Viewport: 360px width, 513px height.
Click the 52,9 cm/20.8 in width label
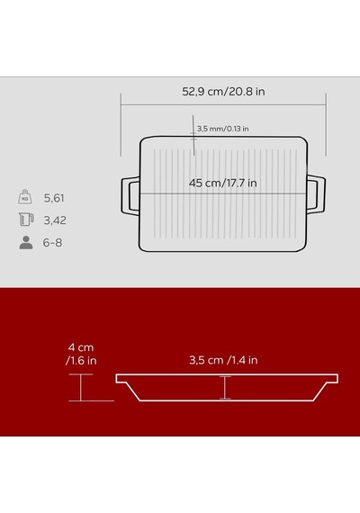pyautogui.click(x=223, y=91)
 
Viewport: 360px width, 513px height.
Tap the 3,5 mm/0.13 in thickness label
pyautogui.click(x=223, y=129)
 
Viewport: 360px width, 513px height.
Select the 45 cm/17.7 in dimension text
pyautogui.click(x=223, y=183)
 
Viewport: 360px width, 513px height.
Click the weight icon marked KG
pyautogui.click(x=25, y=196)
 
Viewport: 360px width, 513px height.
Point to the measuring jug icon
pyautogui.click(x=26, y=220)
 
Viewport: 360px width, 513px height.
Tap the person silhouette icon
pyautogui.click(x=26, y=242)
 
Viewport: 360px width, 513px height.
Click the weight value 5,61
pyautogui.click(x=54, y=198)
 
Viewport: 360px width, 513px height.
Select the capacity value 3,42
pyautogui.click(x=55, y=220)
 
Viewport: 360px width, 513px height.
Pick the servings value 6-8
pyautogui.click(x=52, y=242)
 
